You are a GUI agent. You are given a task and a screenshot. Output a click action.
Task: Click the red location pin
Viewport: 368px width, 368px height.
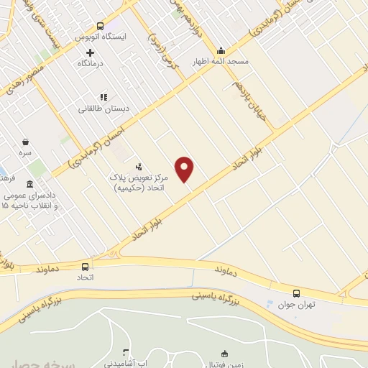point(185,169)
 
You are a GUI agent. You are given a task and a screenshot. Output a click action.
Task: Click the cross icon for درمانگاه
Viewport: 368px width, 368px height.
point(90,52)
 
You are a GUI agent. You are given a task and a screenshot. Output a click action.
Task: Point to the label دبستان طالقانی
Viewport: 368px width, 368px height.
point(104,109)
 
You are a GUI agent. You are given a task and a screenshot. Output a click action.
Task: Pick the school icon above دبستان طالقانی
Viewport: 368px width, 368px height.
point(104,96)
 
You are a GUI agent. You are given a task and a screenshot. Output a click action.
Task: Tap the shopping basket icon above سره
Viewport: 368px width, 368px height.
point(26,142)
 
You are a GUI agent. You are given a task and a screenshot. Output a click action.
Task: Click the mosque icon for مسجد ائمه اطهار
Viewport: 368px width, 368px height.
point(221,50)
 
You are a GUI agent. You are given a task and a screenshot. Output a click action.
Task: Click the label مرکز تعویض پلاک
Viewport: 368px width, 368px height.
point(141,177)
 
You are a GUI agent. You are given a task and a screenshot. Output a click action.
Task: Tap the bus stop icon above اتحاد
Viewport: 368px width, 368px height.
point(86,264)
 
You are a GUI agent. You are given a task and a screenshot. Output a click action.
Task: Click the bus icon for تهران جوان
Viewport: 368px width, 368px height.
point(296,293)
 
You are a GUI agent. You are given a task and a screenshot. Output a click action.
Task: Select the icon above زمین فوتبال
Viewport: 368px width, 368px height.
point(225,354)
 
